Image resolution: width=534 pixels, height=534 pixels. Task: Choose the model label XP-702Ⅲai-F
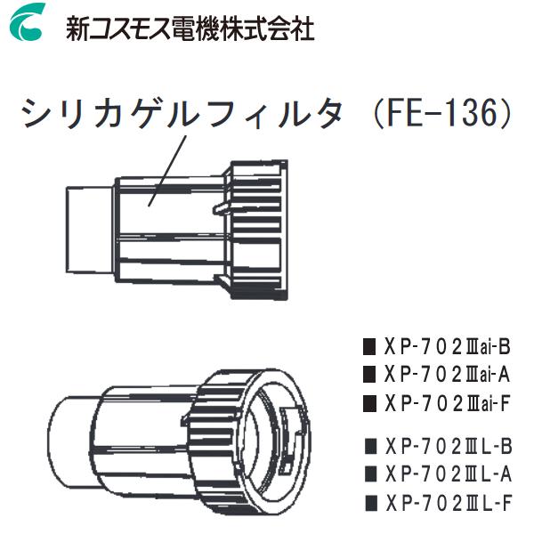(x=448, y=403)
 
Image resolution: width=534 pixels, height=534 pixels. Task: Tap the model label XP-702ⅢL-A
(x=448, y=473)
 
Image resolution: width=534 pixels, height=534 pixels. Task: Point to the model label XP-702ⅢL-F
(x=448, y=502)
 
